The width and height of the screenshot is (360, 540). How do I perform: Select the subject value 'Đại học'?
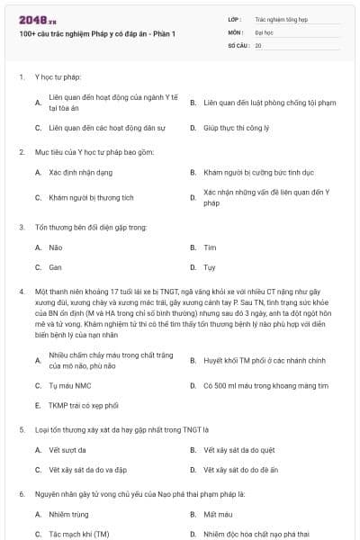click(x=264, y=31)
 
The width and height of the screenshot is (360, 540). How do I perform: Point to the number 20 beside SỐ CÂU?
click(x=258, y=44)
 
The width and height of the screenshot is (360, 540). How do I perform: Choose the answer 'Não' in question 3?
click(x=55, y=247)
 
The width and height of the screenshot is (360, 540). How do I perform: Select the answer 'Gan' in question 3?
click(x=55, y=267)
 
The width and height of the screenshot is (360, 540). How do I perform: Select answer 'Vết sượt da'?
click(x=67, y=450)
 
